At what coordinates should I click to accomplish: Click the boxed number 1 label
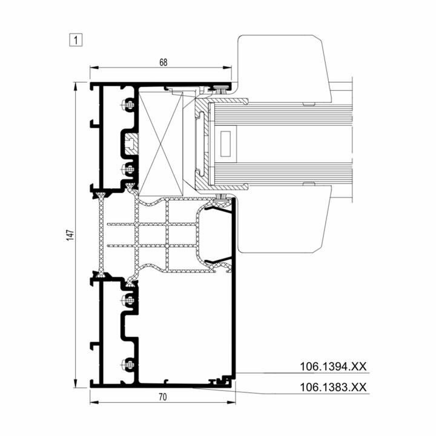click(x=76, y=40)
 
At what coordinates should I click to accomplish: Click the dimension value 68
click(x=163, y=62)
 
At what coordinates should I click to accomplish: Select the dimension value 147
click(x=70, y=235)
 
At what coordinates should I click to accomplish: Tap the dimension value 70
click(x=163, y=397)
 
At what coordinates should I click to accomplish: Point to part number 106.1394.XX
click(x=333, y=366)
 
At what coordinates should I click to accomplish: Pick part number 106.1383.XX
click(x=333, y=387)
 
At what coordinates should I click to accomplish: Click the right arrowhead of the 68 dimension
click(x=227, y=68)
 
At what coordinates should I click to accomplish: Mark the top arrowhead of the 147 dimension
click(x=75, y=87)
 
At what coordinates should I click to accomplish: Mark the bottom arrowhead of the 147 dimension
click(x=75, y=383)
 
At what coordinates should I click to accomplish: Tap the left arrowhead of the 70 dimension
click(x=94, y=402)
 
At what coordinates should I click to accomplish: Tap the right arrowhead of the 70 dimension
click(x=231, y=402)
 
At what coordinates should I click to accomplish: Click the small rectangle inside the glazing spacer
click(x=225, y=144)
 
